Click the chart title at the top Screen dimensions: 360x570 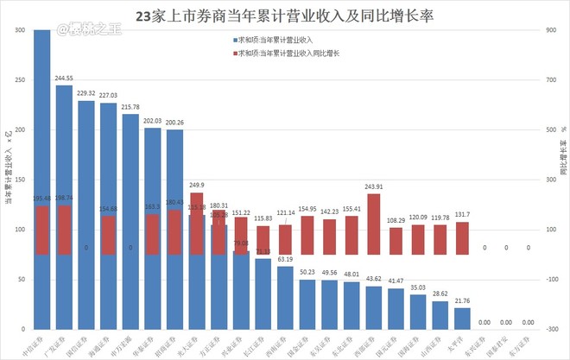tap(285, 16)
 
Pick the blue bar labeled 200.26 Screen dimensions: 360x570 tap(174, 190)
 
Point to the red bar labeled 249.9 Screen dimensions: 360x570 tap(197, 223)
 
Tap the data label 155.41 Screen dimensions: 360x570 tap(351, 209)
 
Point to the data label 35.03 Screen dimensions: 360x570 tap(418, 287)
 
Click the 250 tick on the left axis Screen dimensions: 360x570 tap(19, 80)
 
